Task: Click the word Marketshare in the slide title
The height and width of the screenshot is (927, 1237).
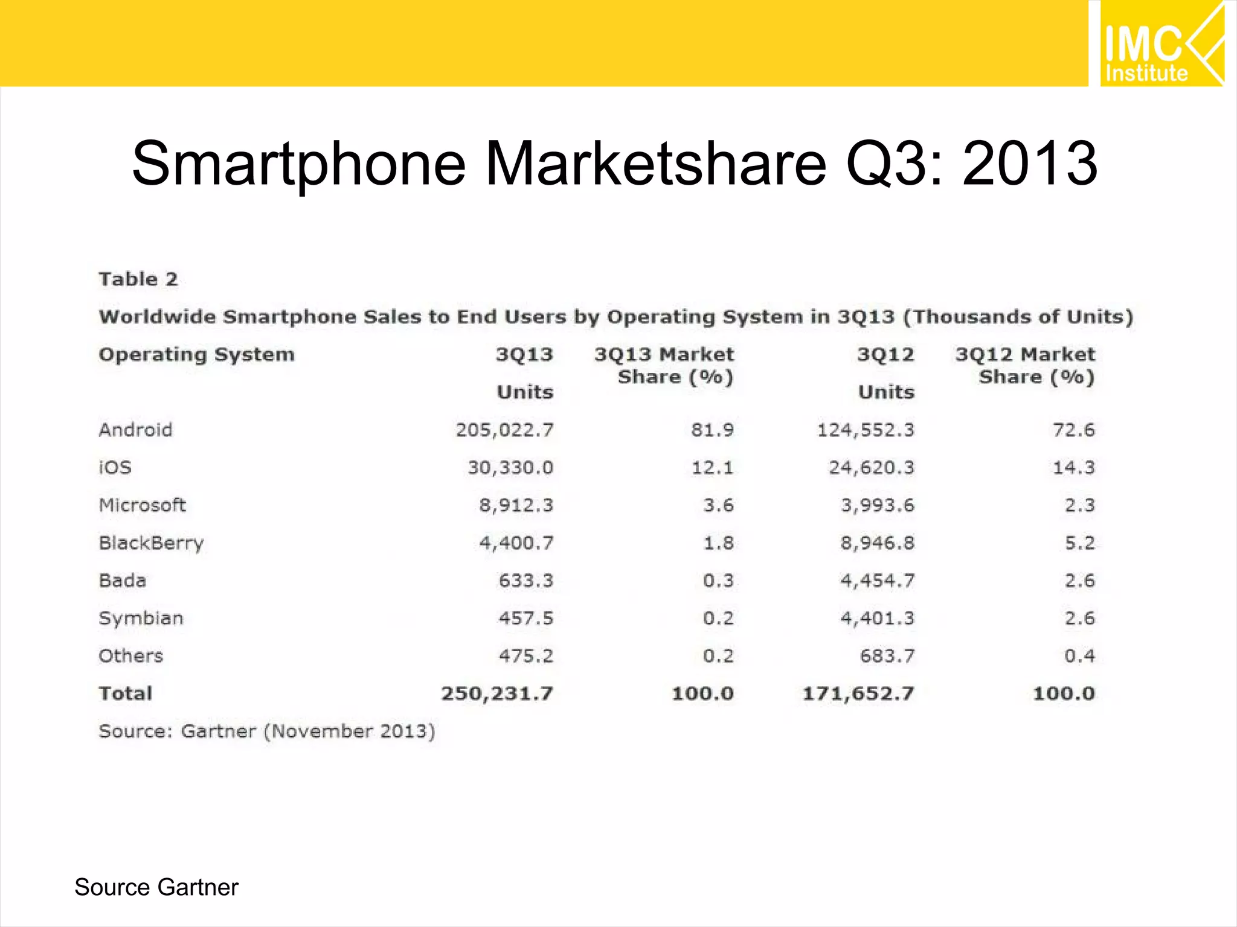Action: tap(655, 163)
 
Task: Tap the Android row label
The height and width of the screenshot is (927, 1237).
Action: tap(136, 430)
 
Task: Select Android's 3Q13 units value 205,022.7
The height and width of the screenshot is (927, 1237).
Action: tap(504, 430)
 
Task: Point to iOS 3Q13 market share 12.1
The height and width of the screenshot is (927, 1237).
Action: tap(712, 468)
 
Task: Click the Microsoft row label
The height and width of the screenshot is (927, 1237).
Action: tap(143, 505)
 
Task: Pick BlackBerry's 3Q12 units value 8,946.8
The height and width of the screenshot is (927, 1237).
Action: tap(877, 543)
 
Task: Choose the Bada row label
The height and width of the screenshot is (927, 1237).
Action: tap(123, 581)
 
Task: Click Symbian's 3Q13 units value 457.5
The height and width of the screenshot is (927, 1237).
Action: tap(525, 618)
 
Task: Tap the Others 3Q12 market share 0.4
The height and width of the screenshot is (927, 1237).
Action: tap(1079, 656)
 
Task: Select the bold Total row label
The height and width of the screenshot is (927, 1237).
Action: tap(126, 693)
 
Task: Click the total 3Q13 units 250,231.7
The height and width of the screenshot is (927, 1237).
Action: tap(496, 693)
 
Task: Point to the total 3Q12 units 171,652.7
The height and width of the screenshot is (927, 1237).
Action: tap(858, 693)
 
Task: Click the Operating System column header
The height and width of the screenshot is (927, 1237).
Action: tap(197, 354)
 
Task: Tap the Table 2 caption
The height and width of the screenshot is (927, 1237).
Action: tap(138, 279)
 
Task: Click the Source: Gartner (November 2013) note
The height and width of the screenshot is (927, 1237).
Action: tap(267, 731)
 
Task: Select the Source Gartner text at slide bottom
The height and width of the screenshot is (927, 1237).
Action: tap(156, 887)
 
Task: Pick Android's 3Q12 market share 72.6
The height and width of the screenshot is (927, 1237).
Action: tap(1073, 430)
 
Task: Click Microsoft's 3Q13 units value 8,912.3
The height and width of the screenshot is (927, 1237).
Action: tap(516, 505)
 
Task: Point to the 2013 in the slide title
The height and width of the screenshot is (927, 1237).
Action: tap(1030, 163)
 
